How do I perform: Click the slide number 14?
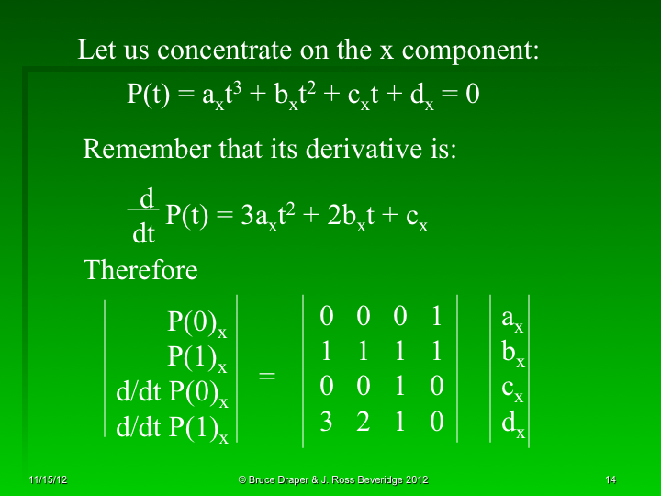[x=611, y=480]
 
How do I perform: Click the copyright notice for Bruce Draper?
[x=332, y=480]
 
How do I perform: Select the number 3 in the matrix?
[x=326, y=422]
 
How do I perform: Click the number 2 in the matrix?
[x=363, y=422]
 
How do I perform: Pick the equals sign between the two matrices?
[x=267, y=376]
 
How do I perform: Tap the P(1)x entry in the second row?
[x=196, y=357]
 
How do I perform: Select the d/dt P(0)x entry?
[x=172, y=392]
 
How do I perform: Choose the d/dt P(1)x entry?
[x=172, y=427]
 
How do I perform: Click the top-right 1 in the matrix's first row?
[x=437, y=317]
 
